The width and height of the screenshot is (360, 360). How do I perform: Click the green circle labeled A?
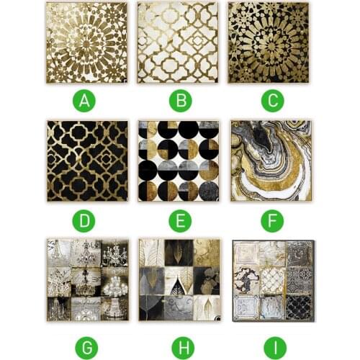point(86,101)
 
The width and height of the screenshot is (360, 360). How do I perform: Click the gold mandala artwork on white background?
point(86,42)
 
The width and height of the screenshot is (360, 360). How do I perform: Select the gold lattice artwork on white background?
point(178,42)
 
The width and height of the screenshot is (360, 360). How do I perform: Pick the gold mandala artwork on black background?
point(269,42)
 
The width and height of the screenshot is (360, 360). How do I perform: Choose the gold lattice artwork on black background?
point(86,161)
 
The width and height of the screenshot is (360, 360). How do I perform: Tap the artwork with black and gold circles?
point(178,161)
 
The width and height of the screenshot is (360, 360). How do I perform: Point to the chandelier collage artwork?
point(86,279)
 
